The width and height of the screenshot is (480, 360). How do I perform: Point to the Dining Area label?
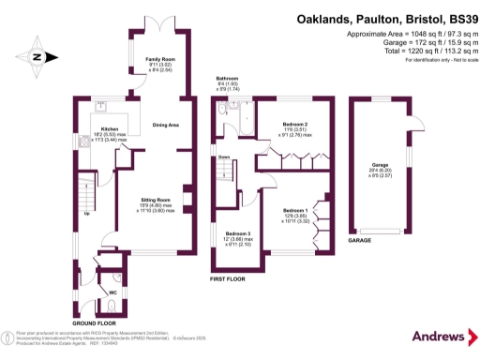pos(166,125)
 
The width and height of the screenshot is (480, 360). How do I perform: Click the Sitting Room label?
pos(156,201)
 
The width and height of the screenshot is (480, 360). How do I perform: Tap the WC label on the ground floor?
pos(113,292)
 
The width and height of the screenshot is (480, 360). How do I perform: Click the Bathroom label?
pos(228,80)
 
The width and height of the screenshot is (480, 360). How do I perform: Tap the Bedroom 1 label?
pos(295,211)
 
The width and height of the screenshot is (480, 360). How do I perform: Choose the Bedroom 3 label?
pos(237,233)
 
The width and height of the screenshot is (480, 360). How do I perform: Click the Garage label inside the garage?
pos(380,165)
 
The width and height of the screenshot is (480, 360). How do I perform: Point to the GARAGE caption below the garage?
pos(361,240)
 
